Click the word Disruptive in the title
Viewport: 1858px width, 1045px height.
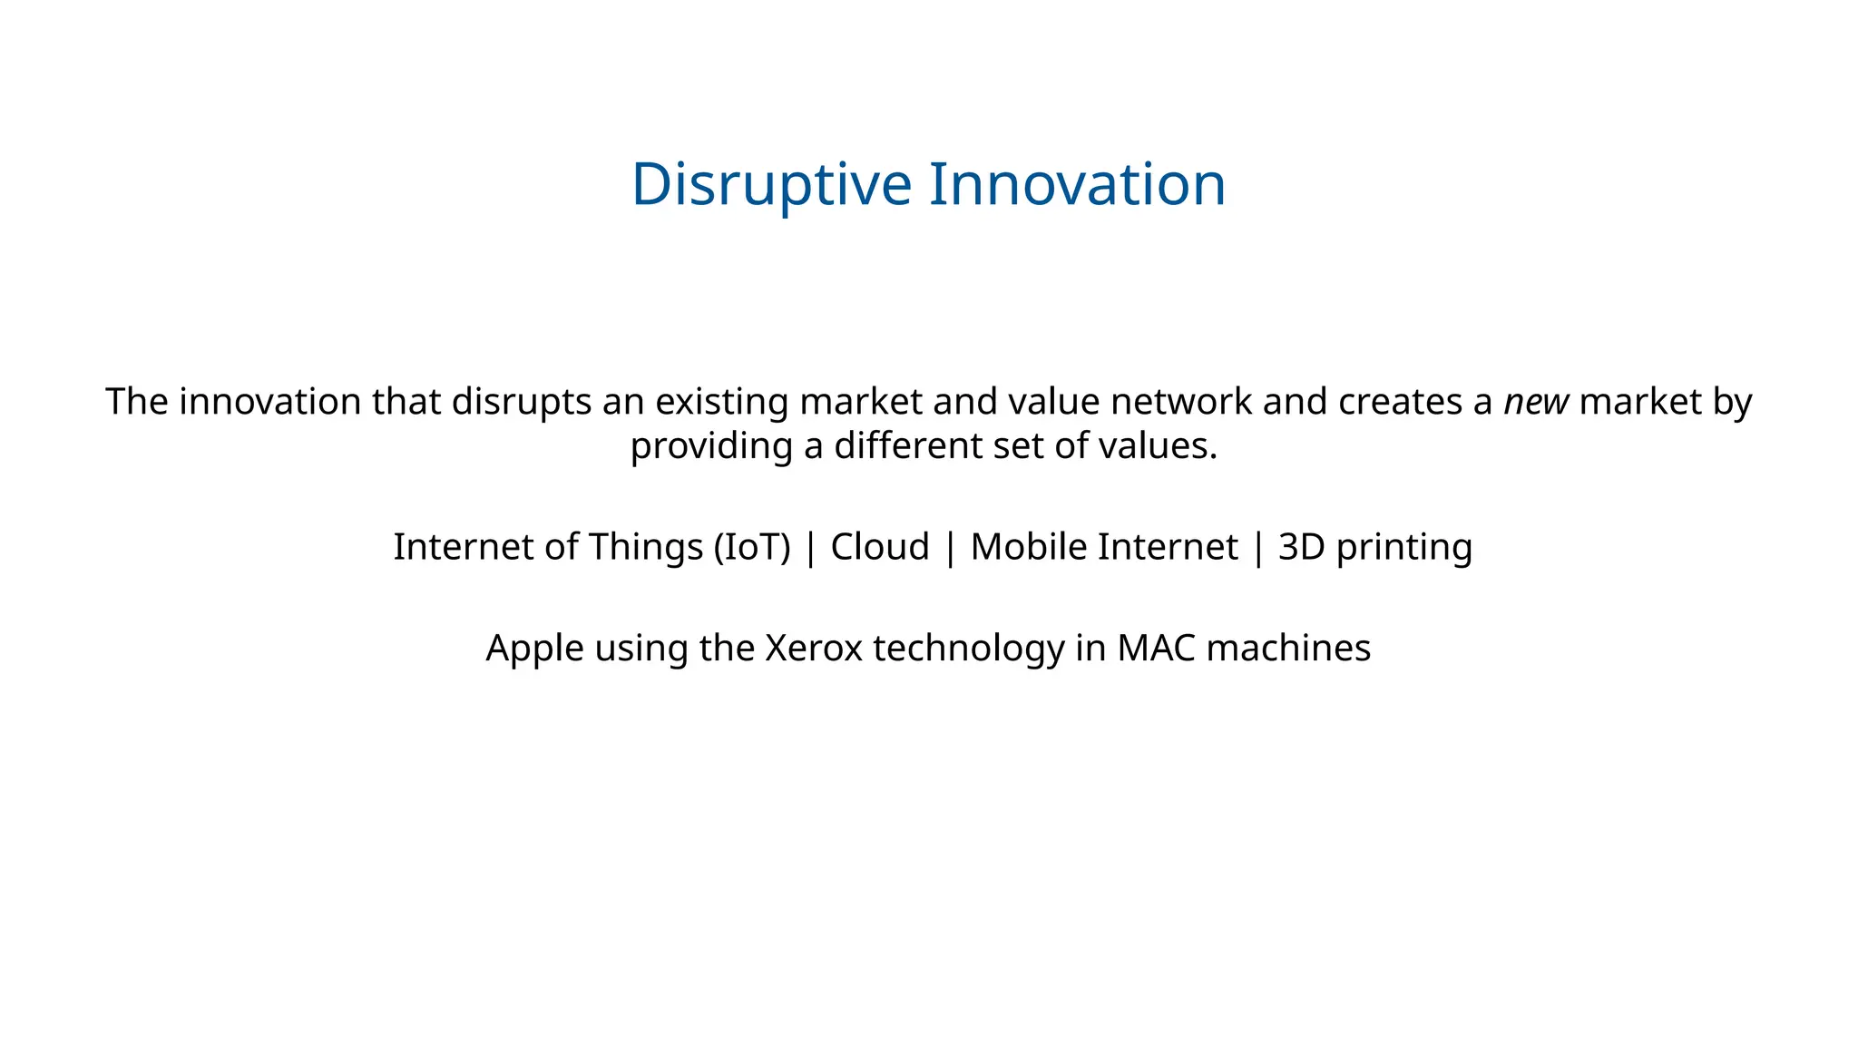770,184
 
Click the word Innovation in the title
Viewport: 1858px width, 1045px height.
1077,184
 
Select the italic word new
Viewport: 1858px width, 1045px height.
1536,402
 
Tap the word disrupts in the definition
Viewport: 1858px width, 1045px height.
521,402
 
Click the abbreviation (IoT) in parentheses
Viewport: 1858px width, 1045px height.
752,547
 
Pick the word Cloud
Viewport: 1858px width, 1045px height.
880,547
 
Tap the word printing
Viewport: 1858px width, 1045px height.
1404,547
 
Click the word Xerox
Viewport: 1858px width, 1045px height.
814,649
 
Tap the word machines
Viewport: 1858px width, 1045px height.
1288,649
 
